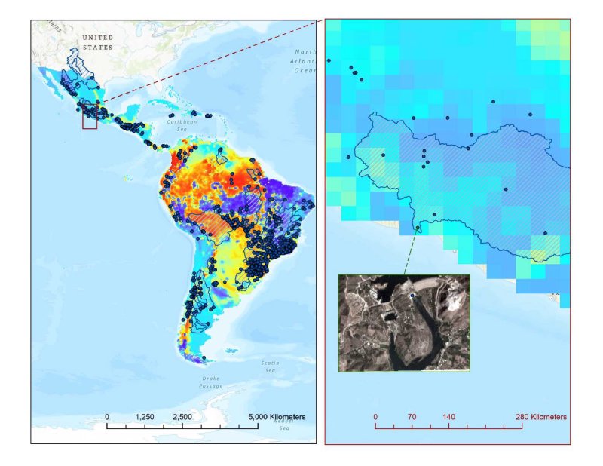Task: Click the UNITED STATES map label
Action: tap(97, 42)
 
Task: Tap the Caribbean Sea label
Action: tap(181, 124)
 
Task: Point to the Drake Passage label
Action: tap(210, 381)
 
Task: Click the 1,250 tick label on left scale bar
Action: tap(145, 417)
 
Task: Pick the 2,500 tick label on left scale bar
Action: tap(182, 417)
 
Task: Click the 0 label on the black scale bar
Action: tap(107, 417)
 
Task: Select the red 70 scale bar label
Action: tap(412, 416)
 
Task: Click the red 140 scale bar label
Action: tap(448, 416)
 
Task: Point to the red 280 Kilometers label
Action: tap(540, 416)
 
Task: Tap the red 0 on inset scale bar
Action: tap(375, 416)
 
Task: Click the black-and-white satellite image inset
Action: tap(404, 323)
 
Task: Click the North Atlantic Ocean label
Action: tap(304, 60)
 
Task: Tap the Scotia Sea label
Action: tap(269, 366)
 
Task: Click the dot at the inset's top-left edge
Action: tap(329, 60)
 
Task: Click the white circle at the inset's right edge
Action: tap(551, 297)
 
